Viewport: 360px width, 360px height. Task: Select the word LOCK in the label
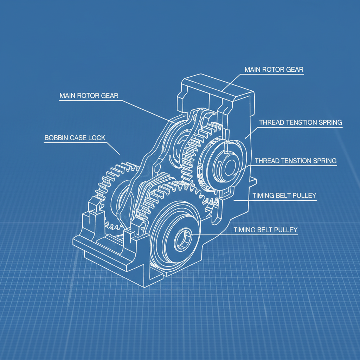coord(97,138)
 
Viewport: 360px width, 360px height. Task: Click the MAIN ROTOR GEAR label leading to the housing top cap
coord(274,70)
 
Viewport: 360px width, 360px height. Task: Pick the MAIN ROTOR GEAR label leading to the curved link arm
coord(89,96)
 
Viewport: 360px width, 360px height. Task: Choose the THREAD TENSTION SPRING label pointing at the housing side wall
coord(301,122)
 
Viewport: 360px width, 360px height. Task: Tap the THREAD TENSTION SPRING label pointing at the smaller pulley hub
coord(295,161)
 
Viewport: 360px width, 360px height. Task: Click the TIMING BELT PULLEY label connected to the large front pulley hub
coord(265,230)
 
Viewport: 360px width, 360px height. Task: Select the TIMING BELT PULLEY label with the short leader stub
coord(284,195)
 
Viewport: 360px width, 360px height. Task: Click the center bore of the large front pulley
coord(183,240)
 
